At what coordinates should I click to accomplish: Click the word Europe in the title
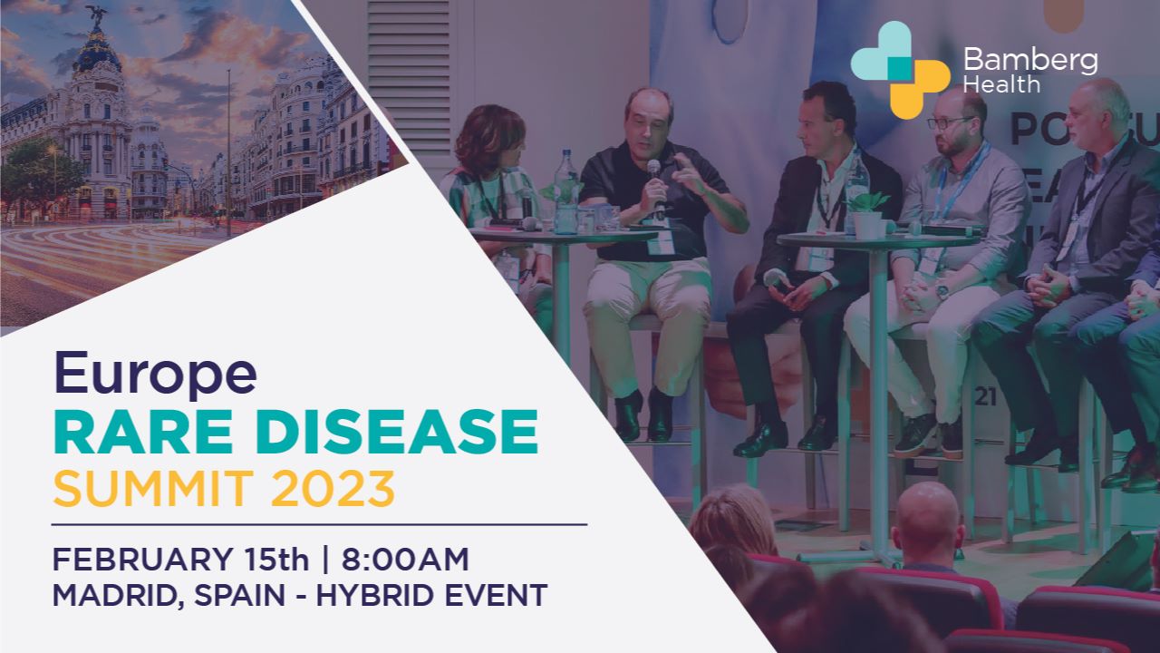pos(154,373)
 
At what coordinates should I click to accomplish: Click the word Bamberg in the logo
pos(1030,61)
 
